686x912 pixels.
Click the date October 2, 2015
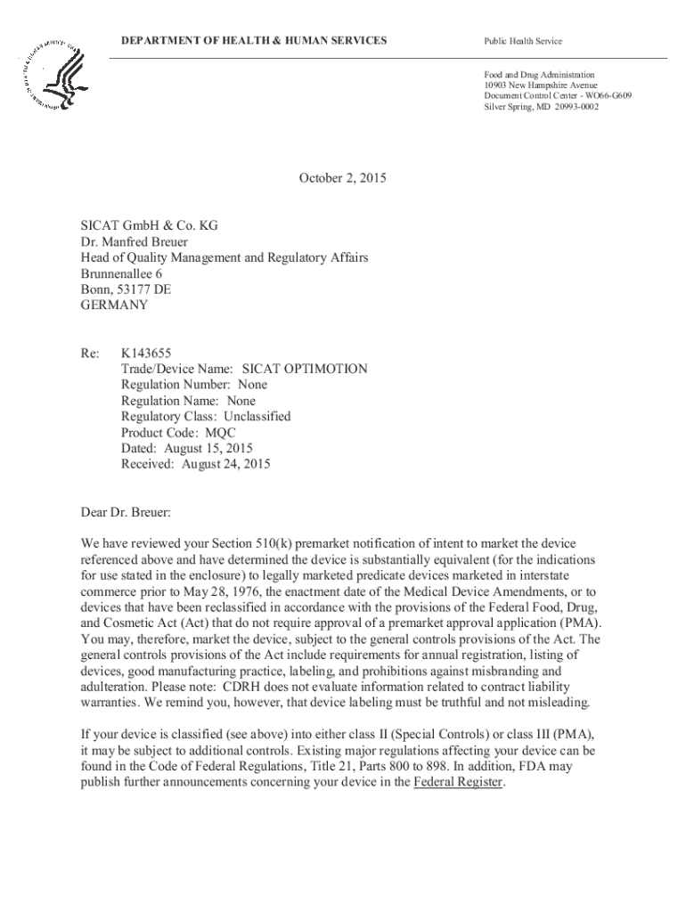pos(343,178)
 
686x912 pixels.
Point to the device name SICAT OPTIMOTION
pos(305,369)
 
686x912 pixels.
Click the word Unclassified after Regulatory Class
pos(257,416)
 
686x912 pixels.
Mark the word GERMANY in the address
pos(115,305)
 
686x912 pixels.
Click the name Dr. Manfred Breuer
pos(135,241)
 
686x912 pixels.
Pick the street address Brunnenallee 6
pos(122,273)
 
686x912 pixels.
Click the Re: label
pos(89,353)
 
